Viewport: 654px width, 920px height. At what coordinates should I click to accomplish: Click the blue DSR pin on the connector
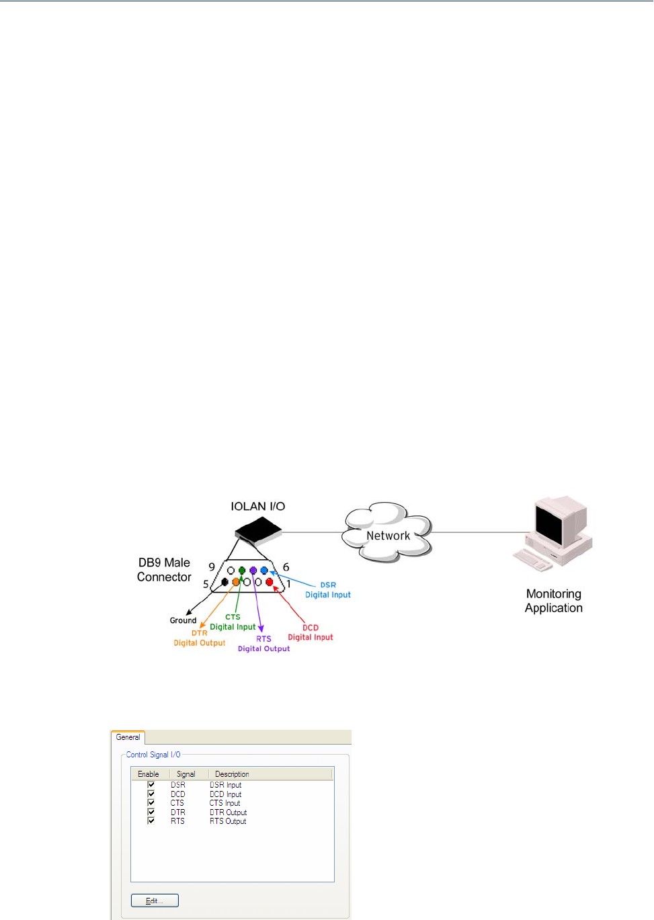(x=264, y=571)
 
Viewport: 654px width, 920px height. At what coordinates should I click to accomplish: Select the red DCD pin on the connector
(x=270, y=582)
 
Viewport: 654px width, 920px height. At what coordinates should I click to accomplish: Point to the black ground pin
(x=224, y=582)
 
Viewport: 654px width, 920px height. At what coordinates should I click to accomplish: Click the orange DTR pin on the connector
(x=236, y=582)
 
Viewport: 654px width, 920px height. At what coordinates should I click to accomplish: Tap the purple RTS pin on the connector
(x=253, y=571)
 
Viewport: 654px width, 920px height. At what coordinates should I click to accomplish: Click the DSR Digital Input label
(x=328, y=590)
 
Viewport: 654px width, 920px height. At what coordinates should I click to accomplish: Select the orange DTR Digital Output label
(x=200, y=638)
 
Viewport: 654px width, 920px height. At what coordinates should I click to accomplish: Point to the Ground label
(x=183, y=620)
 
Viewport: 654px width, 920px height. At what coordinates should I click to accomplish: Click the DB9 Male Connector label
(x=164, y=570)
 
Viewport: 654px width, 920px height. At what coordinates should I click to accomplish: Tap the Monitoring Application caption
(x=554, y=601)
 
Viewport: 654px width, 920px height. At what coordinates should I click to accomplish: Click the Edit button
(x=155, y=901)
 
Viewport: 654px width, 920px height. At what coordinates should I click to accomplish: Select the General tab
(x=128, y=737)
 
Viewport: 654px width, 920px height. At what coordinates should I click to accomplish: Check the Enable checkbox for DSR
(x=151, y=784)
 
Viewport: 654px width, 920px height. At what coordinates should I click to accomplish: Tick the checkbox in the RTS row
(x=151, y=821)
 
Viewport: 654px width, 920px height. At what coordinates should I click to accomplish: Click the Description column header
(x=232, y=774)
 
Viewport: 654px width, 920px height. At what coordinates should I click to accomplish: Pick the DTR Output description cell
(x=228, y=812)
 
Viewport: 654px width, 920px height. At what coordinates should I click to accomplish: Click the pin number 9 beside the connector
(x=212, y=567)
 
